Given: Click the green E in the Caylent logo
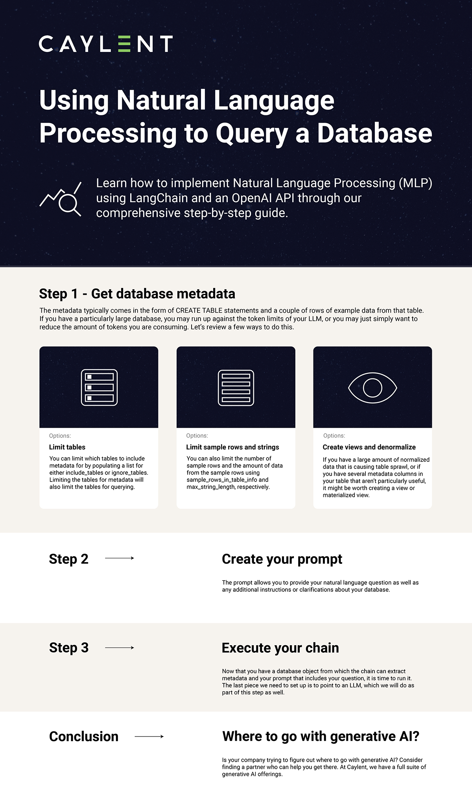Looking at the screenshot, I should tap(124, 44).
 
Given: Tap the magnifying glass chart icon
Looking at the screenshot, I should tap(61, 199).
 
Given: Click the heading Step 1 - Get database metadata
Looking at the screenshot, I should tap(137, 293).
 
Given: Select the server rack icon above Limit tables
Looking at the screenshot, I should tap(99, 388).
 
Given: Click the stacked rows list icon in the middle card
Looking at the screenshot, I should tap(236, 388).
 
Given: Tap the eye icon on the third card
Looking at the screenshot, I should tap(372, 388).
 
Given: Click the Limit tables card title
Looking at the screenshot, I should tap(67, 447).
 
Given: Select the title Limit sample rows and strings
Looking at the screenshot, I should tap(232, 447).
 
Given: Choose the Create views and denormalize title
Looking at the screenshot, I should tap(369, 447).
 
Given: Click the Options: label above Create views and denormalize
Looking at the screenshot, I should tap(334, 436).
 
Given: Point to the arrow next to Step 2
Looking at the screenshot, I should tap(120, 558).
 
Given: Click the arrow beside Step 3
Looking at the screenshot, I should tap(120, 648).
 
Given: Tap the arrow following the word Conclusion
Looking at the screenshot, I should tap(149, 736).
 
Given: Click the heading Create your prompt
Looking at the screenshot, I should tap(282, 559).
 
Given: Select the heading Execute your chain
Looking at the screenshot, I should tap(280, 648).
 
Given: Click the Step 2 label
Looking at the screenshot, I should tap(68, 559).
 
